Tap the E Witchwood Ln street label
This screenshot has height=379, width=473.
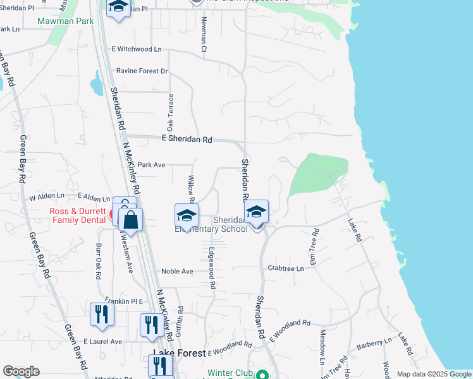[137, 49]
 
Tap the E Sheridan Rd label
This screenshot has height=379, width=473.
[187, 140]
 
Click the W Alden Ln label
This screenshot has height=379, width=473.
[47, 198]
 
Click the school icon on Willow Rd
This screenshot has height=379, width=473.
[187, 216]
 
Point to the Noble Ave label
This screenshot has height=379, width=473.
[178, 271]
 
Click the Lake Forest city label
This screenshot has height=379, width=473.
[178, 354]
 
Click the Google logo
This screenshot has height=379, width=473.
[21, 371]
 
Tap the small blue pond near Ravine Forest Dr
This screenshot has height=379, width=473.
[96, 83]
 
